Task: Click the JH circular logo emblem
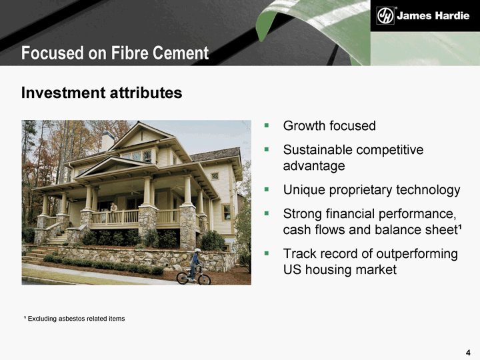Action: (x=385, y=15)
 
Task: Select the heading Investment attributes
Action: (x=101, y=93)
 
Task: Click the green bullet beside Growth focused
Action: (x=267, y=125)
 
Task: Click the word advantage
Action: (x=314, y=166)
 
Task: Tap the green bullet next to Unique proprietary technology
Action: (x=267, y=189)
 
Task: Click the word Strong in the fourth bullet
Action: (x=302, y=214)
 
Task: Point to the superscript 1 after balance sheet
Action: (x=460, y=227)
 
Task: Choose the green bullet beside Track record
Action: (x=267, y=253)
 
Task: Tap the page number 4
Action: (x=468, y=353)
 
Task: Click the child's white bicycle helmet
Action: (x=197, y=251)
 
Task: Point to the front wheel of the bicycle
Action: (x=204, y=279)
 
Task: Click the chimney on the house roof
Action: (x=107, y=141)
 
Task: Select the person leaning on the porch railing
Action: (x=113, y=208)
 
